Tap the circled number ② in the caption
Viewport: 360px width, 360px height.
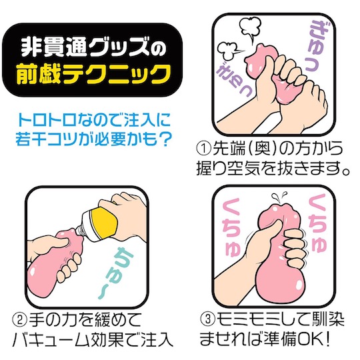coord(19,321)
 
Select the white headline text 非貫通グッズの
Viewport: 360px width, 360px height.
coord(93,48)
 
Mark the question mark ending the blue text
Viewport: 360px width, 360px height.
coord(164,139)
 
